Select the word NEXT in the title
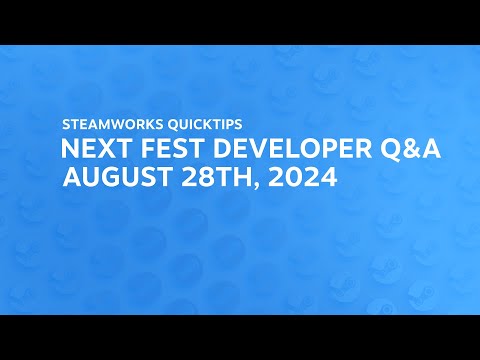91,152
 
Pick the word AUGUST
113,179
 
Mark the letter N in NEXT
69,152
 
